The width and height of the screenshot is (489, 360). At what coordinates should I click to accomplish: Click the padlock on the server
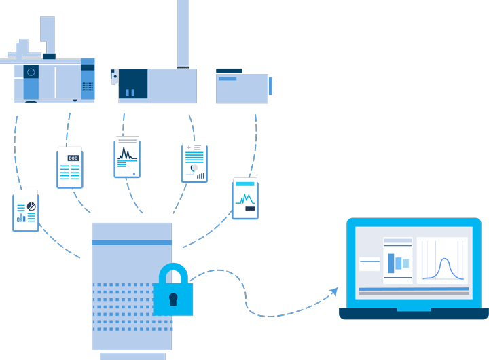tap(173, 291)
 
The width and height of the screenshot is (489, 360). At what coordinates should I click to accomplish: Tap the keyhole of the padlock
tap(173, 298)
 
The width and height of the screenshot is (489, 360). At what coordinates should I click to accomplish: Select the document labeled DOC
tap(70, 168)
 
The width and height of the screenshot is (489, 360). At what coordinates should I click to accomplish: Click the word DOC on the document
tap(73, 158)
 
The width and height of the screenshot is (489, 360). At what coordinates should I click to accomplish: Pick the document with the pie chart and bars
tap(26, 212)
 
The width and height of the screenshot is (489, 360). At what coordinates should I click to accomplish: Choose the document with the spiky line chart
tap(127, 158)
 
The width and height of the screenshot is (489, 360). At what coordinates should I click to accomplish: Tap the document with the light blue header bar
tap(245, 199)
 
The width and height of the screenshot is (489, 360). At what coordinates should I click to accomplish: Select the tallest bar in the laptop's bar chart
tap(391, 263)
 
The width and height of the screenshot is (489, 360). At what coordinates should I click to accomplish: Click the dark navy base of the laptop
tap(414, 313)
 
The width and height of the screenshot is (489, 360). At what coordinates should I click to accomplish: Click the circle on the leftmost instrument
tap(31, 72)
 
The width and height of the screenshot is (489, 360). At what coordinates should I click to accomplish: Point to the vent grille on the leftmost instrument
tap(88, 86)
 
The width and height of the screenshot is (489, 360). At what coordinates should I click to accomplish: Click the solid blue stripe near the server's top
tap(132, 242)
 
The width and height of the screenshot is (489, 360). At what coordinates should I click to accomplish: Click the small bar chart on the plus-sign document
tap(200, 175)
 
